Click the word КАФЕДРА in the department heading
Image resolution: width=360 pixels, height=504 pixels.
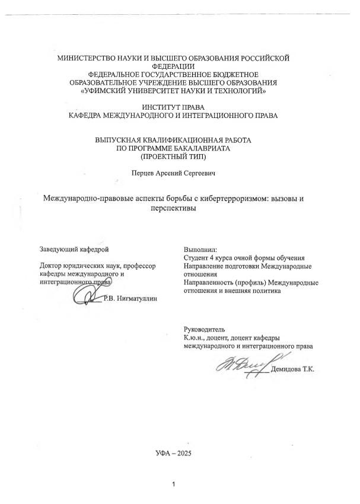(88, 115)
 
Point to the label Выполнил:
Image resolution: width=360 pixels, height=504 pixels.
(200, 249)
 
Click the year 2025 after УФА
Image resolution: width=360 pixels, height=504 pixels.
(183, 452)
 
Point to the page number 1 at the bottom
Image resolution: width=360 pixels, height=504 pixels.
(173, 485)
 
